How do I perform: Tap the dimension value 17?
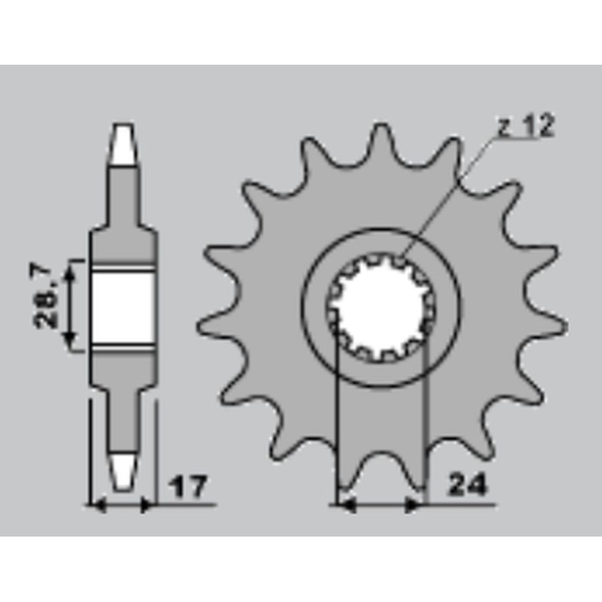coord(188,487)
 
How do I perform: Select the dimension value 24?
coord(468,485)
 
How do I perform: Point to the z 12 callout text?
coord(526,126)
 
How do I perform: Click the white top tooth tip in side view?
coord(123,144)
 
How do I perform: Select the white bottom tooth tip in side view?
coord(123,472)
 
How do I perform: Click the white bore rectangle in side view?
coord(123,308)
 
